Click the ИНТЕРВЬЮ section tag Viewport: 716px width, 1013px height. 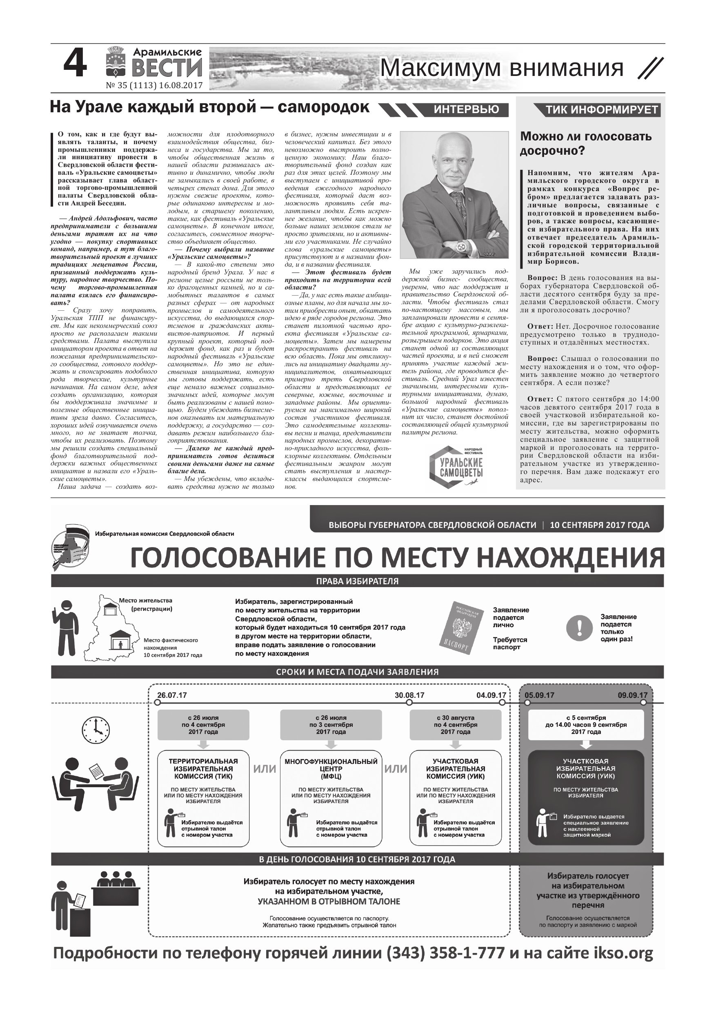click(x=466, y=109)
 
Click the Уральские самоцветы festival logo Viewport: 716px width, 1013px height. click(x=456, y=467)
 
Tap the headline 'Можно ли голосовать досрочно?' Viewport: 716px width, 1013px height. click(x=585, y=143)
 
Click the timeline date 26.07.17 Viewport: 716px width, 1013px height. click(x=172, y=695)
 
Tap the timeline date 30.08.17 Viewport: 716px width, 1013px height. click(x=409, y=695)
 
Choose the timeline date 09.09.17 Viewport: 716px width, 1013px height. click(x=632, y=695)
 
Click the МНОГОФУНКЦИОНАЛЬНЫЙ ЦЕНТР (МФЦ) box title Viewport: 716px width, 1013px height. click(x=331, y=768)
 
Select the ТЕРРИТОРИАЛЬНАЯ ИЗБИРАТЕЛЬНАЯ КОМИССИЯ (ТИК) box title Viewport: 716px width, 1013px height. click(x=203, y=768)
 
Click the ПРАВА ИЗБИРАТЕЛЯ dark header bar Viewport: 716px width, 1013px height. click(x=357, y=581)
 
